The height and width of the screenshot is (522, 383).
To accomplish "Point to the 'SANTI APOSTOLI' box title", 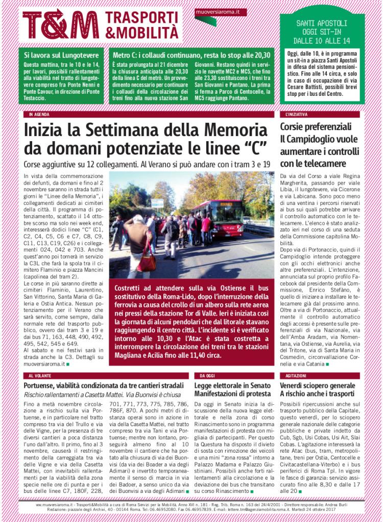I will (x=322, y=23).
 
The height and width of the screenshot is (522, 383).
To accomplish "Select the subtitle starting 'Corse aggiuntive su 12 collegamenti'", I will (x=147, y=165).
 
